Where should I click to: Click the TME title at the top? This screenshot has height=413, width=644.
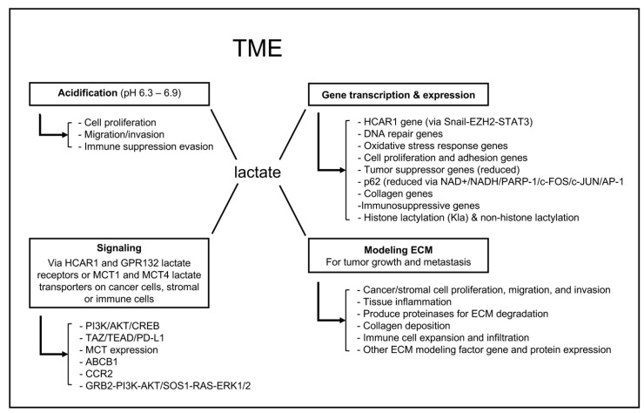pyautogui.click(x=258, y=48)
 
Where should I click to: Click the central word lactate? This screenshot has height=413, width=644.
pyautogui.click(x=258, y=172)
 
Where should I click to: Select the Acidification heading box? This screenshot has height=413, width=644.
pyautogui.click(x=119, y=94)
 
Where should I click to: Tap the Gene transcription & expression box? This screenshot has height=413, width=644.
pyautogui.click(x=399, y=95)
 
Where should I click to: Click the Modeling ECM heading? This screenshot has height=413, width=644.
pyautogui.click(x=399, y=250)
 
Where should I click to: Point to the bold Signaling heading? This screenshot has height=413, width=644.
pyautogui.click(x=119, y=247)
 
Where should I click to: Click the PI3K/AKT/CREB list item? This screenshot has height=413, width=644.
pyautogui.click(x=119, y=326)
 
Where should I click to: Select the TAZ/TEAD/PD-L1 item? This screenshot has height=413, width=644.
pyautogui.click(x=122, y=338)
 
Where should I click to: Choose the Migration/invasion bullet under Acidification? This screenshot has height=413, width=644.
pyautogui.click(x=121, y=134)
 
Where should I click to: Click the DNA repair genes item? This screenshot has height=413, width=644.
pyautogui.click(x=400, y=133)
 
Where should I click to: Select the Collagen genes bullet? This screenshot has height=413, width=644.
pyautogui.click(x=395, y=193)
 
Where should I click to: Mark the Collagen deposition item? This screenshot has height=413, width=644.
pyautogui.click(x=403, y=326)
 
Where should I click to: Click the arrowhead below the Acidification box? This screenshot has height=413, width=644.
pyautogui.click(x=64, y=134)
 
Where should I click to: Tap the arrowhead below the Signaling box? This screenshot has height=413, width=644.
pyautogui.click(x=64, y=354)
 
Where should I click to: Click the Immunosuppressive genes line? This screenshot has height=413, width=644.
pyautogui.click(x=419, y=206)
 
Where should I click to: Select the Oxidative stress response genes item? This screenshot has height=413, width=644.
pyautogui.click(x=433, y=146)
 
